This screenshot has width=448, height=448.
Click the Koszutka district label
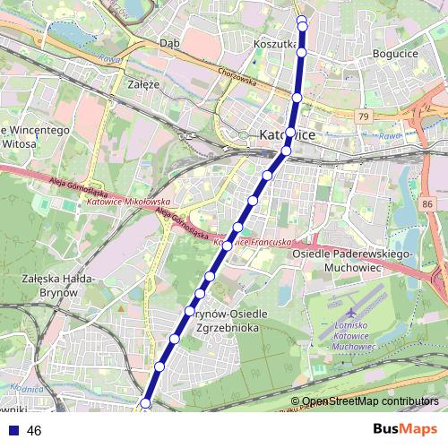coord(274,43)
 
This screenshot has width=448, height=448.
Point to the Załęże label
coord(143,84)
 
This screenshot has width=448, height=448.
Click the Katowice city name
coord(286,134)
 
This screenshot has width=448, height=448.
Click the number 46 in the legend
coord(35,431)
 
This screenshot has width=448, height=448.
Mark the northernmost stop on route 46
coord(301,21)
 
